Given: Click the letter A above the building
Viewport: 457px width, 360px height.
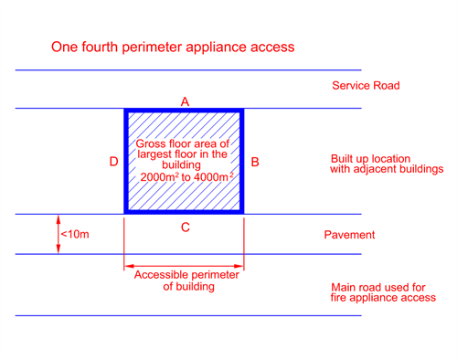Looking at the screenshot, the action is pyautogui.click(x=185, y=101).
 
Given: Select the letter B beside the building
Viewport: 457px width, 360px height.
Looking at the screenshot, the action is pyautogui.click(x=255, y=162).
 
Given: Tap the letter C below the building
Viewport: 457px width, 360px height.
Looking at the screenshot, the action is pyautogui.click(x=186, y=228).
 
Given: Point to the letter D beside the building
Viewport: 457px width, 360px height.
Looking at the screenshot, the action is pyautogui.click(x=113, y=162).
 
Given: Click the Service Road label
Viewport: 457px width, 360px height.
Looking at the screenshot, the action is pyautogui.click(x=366, y=86).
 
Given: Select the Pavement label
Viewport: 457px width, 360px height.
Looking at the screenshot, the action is pyautogui.click(x=349, y=235).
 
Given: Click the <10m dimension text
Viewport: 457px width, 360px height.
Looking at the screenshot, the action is pyautogui.click(x=75, y=234).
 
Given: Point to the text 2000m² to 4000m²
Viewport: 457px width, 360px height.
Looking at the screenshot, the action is pyautogui.click(x=186, y=177).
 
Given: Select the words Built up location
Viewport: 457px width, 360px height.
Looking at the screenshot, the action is pyautogui.click(x=371, y=159).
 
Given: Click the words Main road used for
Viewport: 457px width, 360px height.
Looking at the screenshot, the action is pyautogui.click(x=378, y=287).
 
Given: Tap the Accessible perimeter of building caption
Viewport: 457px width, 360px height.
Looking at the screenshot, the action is pyautogui.click(x=186, y=281).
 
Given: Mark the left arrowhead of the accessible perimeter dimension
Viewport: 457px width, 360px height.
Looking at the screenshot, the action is pyautogui.click(x=129, y=266).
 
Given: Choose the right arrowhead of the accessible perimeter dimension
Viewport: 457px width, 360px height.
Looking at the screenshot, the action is pyautogui.click(x=239, y=266).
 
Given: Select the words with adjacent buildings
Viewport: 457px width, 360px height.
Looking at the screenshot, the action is pyautogui.click(x=387, y=169).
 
